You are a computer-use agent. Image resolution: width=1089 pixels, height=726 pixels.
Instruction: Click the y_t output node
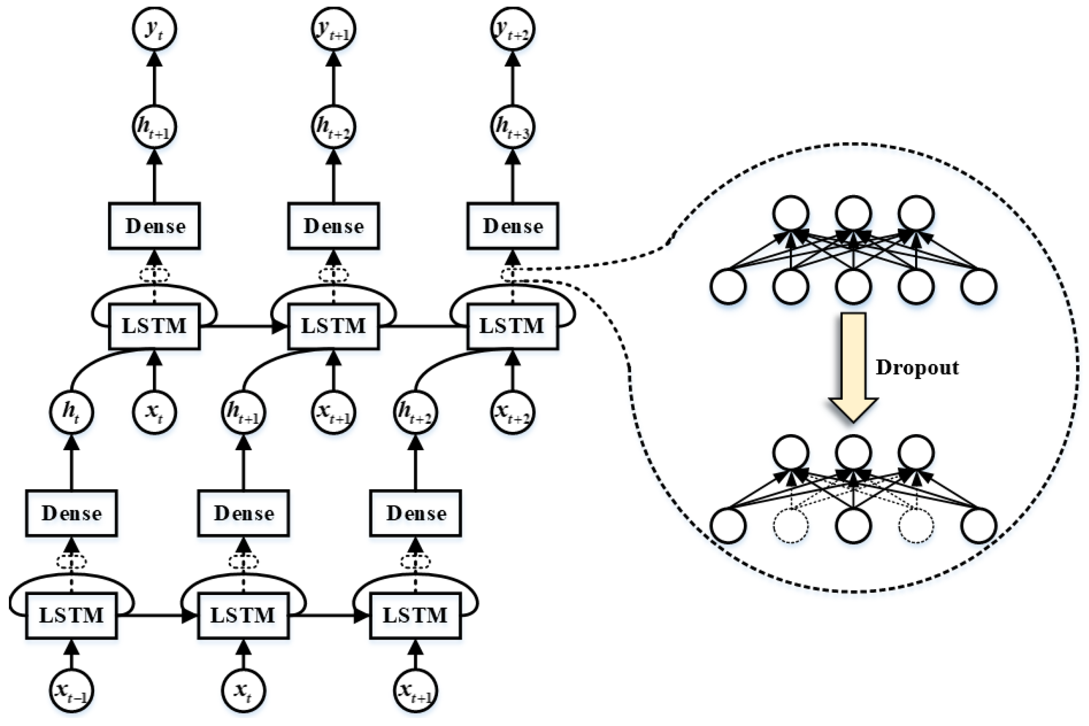(x=154, y=29)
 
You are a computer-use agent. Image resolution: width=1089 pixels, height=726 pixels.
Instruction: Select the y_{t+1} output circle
(x=333, y=29)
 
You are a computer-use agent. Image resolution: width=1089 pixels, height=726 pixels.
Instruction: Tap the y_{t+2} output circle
(x=512, y=29)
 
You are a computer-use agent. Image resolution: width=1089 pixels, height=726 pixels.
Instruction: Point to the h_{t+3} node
(x=512, y=127)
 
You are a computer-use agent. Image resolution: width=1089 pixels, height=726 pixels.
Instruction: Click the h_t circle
(x=71, y=412)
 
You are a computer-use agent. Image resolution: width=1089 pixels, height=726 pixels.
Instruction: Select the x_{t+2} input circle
(x=512, y=412)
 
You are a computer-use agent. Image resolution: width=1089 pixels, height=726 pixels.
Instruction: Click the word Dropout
(x=917, y=368)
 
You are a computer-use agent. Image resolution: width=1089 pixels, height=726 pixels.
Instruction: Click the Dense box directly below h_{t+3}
(x=512, y=226)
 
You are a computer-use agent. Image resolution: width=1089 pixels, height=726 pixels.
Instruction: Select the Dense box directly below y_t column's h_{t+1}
(x=154, y=226)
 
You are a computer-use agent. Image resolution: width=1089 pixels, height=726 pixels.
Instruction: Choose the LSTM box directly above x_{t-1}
(x=71, y=616)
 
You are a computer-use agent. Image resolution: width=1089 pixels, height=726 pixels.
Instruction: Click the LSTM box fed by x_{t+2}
(x=512, y=326)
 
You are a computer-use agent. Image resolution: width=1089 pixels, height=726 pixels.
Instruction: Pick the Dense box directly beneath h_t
(x=71, y=513)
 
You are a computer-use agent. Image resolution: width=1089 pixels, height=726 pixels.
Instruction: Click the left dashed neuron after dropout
(x=791, y=526)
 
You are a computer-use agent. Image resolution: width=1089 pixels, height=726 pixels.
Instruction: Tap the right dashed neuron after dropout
(x=916, y=526)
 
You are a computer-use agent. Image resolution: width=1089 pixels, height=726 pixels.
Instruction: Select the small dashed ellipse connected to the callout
(x=513, y=274)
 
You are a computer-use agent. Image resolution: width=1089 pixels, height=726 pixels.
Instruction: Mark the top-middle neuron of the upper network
(x=853, y=213)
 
